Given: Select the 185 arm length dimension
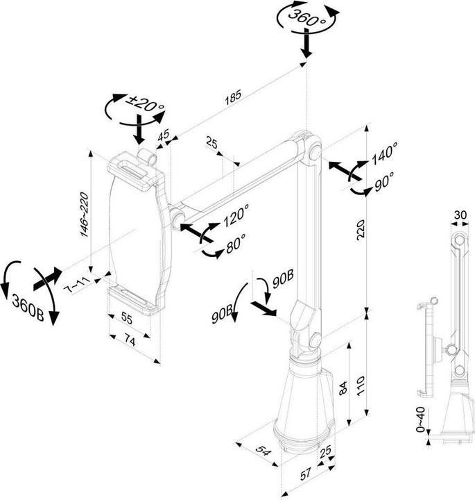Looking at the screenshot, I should [233, 98].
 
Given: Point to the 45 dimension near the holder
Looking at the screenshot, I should [164, 136].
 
